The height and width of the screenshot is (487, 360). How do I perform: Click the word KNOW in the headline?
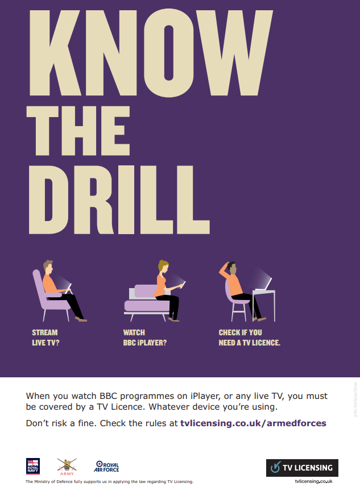point(151,53)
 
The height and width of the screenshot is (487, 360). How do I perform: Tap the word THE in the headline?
point(78,131)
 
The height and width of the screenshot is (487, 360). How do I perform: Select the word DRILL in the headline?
point(119,199)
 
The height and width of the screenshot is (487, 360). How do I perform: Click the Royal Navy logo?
point(32,466)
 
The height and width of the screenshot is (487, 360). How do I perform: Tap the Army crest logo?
point(67,467)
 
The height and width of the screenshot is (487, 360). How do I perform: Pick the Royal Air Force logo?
point(106,467)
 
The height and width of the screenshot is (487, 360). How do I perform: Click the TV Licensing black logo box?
point(302,468)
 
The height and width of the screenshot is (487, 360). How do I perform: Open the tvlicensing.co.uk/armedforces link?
point(254,423)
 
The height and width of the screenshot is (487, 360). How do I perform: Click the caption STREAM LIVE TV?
point(45,338)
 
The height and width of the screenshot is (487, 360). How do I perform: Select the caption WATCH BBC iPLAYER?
point(145,338)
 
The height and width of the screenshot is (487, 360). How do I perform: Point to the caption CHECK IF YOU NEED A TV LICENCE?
point(249,338)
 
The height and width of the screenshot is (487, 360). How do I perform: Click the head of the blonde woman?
point(163,267)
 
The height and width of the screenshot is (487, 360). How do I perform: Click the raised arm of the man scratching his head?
point(225,271)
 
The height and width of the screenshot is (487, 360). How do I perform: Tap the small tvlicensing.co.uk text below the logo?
point(314,481)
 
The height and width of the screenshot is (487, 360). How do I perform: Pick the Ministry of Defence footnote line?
point(109,482)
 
